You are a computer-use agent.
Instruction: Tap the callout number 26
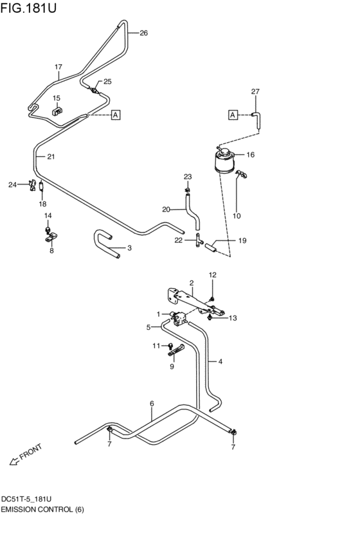[x=143, y=33]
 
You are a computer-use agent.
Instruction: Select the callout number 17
[x=59, y=67]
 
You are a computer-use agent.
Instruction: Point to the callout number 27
[x=255, y=92]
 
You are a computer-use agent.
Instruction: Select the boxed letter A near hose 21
[x=116, y=115]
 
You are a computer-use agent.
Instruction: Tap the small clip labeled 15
[x=57, y=111]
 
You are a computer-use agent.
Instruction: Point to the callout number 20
[x=165, y=209]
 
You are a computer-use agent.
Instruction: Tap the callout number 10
[x=237, y=216]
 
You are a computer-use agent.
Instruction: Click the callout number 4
[x=220, y=361]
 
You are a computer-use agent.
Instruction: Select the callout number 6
[x=152, y=404]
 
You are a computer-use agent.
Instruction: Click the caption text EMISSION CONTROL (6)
[x=42, y=510]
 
